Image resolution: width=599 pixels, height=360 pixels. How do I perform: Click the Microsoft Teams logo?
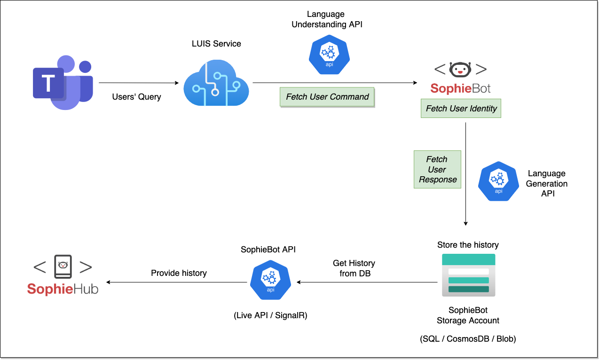tap(63, 82)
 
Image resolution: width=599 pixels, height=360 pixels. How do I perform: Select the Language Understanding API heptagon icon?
tap(329, 55)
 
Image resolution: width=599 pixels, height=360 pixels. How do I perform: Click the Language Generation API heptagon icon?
tap(498, 181)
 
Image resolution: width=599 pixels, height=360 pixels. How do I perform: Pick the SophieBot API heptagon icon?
tap(270, 280)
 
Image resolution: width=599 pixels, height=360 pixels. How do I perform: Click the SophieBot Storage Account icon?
tap(468, 275)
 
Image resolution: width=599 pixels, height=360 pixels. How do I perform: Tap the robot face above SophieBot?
tap(460, 70)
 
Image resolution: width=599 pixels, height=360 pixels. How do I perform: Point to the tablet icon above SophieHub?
tap(63, 267)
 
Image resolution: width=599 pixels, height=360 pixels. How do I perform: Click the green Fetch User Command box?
tap(327, 97)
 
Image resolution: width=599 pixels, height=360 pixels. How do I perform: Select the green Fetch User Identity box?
tap(461, 109)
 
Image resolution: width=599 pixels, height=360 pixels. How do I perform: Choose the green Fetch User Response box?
tap(437, 170)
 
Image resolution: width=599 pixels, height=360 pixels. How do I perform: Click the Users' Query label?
tap(136, 97)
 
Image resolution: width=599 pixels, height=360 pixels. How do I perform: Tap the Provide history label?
tap(179, 273)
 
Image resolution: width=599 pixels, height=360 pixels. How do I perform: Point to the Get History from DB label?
tap(354, 268)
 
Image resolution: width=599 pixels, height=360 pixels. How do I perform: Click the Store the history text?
tap(468, 245)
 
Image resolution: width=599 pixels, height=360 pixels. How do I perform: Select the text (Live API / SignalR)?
tap(270, 315)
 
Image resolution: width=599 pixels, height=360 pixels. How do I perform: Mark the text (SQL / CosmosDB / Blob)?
tap(468, 338)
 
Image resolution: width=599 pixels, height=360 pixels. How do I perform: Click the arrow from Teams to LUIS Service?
tap(139, 83)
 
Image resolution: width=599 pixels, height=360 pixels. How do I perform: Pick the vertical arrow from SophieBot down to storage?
tap(465, 174)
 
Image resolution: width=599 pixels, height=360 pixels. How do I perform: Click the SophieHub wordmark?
tap(63, 289)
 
